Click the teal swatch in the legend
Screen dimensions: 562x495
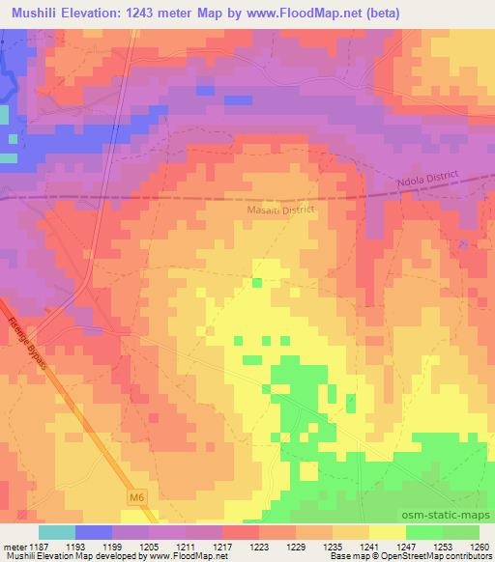tap(57, 532)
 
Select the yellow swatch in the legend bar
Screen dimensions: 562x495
tap(387, 532)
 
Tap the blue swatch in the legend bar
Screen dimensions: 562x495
tap(94, 532)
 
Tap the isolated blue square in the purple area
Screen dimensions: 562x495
tap(204, 90)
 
